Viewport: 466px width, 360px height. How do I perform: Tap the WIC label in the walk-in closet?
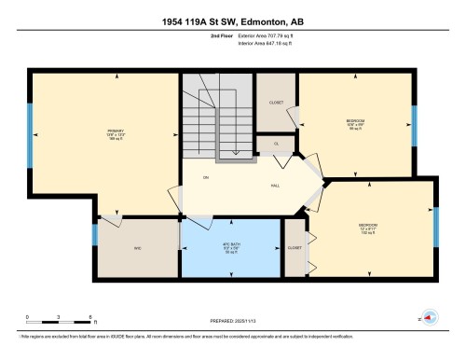[136, 248]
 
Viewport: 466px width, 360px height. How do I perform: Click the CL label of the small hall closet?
[277, 144]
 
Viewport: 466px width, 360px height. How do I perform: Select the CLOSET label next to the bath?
[295, 248]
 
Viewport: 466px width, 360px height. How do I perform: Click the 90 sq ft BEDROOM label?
[355, 124]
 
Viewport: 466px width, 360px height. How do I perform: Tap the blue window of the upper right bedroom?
[414, 121]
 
